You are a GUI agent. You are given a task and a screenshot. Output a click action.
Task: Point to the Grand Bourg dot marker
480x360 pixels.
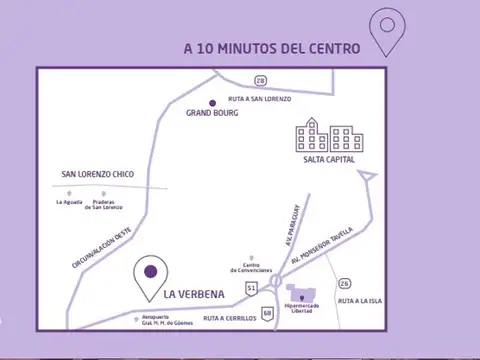tap(211, 102)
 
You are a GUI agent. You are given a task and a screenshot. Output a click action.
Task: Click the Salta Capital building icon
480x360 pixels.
tap(329, 139)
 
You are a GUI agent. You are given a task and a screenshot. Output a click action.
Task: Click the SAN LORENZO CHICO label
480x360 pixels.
tap(97, 173)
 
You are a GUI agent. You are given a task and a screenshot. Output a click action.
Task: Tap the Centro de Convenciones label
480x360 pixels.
tap(250, 268)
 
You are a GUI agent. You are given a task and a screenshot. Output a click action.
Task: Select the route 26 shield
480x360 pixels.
tap(346, 283)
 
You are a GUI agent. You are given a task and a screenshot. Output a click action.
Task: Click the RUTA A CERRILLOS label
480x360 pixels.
tap(230, 318)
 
